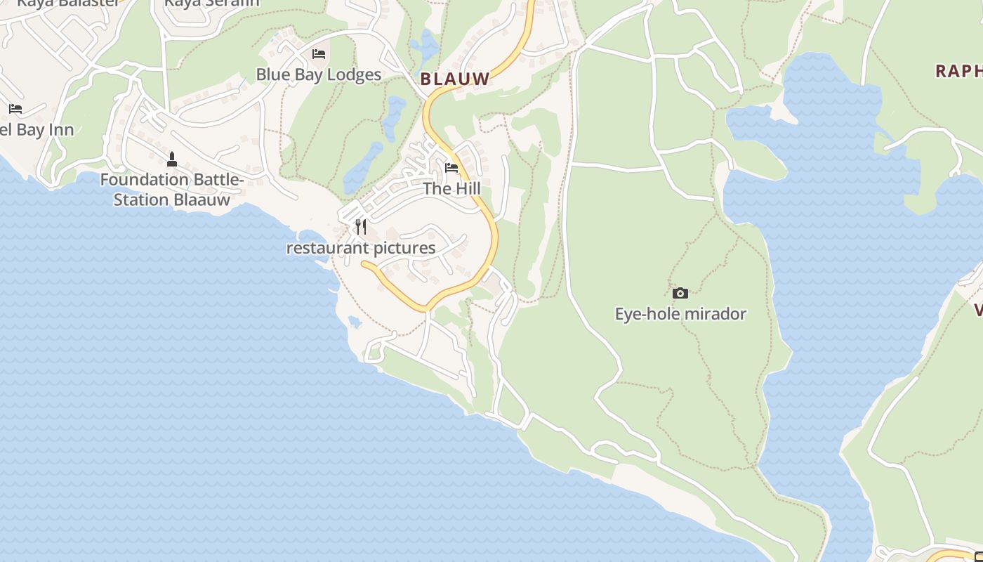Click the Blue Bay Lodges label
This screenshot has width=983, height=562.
click(318, 74)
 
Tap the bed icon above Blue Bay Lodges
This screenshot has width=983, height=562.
click(319, 54)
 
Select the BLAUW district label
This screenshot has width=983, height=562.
click(455, 79)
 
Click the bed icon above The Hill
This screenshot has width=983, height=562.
click(451, 168)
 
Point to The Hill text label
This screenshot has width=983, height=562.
click(451, 188)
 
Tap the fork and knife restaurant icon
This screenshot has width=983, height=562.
click(361, 226)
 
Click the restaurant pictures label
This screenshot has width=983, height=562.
click(361, 248)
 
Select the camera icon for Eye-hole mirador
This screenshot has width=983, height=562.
click(680, 293)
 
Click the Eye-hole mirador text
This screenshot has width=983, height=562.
click(680, 313)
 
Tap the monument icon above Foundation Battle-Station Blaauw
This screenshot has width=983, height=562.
click(172, 159)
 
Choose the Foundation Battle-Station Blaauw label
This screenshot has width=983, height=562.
click(172, 190)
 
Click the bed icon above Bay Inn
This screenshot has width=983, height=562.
click(15, 109)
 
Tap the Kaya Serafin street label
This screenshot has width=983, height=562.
click(211, 3)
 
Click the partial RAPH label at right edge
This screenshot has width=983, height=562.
click(958, 71)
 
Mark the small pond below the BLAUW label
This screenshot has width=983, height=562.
click(394, 116)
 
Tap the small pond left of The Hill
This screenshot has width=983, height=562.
click(362, 169)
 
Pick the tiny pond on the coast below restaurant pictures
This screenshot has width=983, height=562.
click(355, 322)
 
